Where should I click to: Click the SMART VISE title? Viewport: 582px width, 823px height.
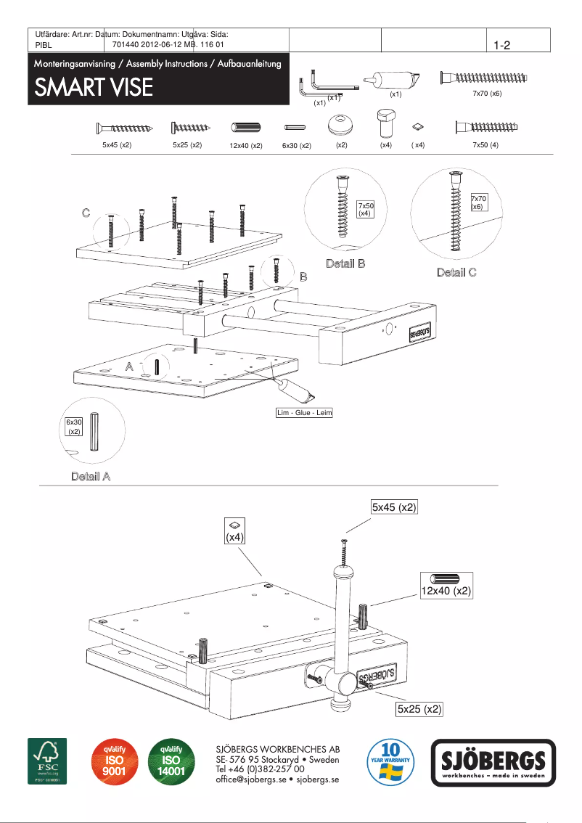94,88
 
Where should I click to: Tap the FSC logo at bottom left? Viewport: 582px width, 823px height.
47,761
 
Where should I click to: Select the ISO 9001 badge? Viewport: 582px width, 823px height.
111,762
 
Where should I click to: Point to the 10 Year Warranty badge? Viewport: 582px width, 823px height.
391,762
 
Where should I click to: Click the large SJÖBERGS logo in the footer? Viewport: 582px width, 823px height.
493,763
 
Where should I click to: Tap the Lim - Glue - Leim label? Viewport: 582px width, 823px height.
304,413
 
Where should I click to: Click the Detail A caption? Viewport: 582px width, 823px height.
91,476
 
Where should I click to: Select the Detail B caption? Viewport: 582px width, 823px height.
345,263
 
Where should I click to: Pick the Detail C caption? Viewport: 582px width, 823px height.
456,272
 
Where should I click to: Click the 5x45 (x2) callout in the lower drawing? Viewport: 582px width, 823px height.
394,507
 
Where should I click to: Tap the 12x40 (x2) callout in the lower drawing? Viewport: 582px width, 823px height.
446,591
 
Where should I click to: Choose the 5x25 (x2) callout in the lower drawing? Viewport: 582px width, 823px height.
419,708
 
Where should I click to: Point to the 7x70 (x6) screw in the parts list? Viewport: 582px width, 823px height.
484,78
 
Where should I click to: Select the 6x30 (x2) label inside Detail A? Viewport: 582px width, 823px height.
73,426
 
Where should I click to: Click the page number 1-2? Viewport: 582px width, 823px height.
502,45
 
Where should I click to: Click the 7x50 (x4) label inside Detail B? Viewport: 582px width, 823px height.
365,210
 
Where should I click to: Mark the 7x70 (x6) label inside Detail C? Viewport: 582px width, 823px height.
478,202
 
